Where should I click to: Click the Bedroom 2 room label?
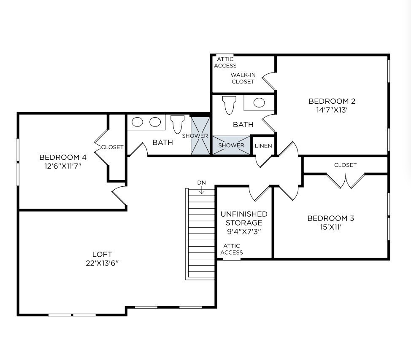pyautogui.click(x=332, y=101)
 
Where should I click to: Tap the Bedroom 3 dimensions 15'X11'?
pyautogui.click(x=330, y=226)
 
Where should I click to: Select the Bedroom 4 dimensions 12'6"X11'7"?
pyautogui.click(x=63, y=166)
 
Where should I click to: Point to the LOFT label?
pyautogui.click(x=102, y=254)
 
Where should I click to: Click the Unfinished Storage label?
pyautogui.click(x=244, y=218)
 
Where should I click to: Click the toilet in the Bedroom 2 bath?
pyautogui.click(x=229, y=105)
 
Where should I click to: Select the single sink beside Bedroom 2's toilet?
pyautogui.click(x=259, y=102)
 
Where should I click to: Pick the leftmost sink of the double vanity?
pyautogui.click(x=138, y=122)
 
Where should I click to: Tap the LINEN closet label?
pyautogui.click(x=263, y=146)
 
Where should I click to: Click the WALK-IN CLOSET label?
pyautogui.click(x=243, y=78)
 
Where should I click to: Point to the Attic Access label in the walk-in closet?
pyautogui.click(x=225, y=62)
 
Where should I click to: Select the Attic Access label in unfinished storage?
pyautogui.click(x=232, y=249)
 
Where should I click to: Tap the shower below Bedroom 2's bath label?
pyautogui.click(x=231, y=145)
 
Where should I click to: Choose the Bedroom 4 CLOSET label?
pyautogui.click(x=112, y=147)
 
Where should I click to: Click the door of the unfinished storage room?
pyautogui.click(x=260, y=193)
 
